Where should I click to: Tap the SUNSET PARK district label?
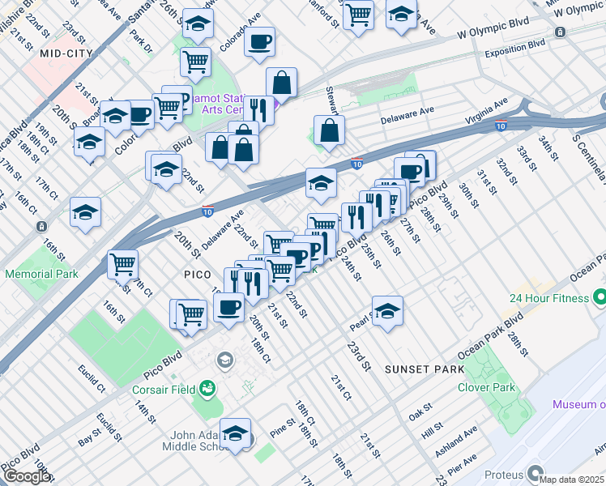425,369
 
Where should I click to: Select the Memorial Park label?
41,274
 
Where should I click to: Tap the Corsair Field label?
164,389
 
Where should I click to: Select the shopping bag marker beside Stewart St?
330,130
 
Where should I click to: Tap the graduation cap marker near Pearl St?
388,310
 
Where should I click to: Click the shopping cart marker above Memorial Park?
122,263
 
